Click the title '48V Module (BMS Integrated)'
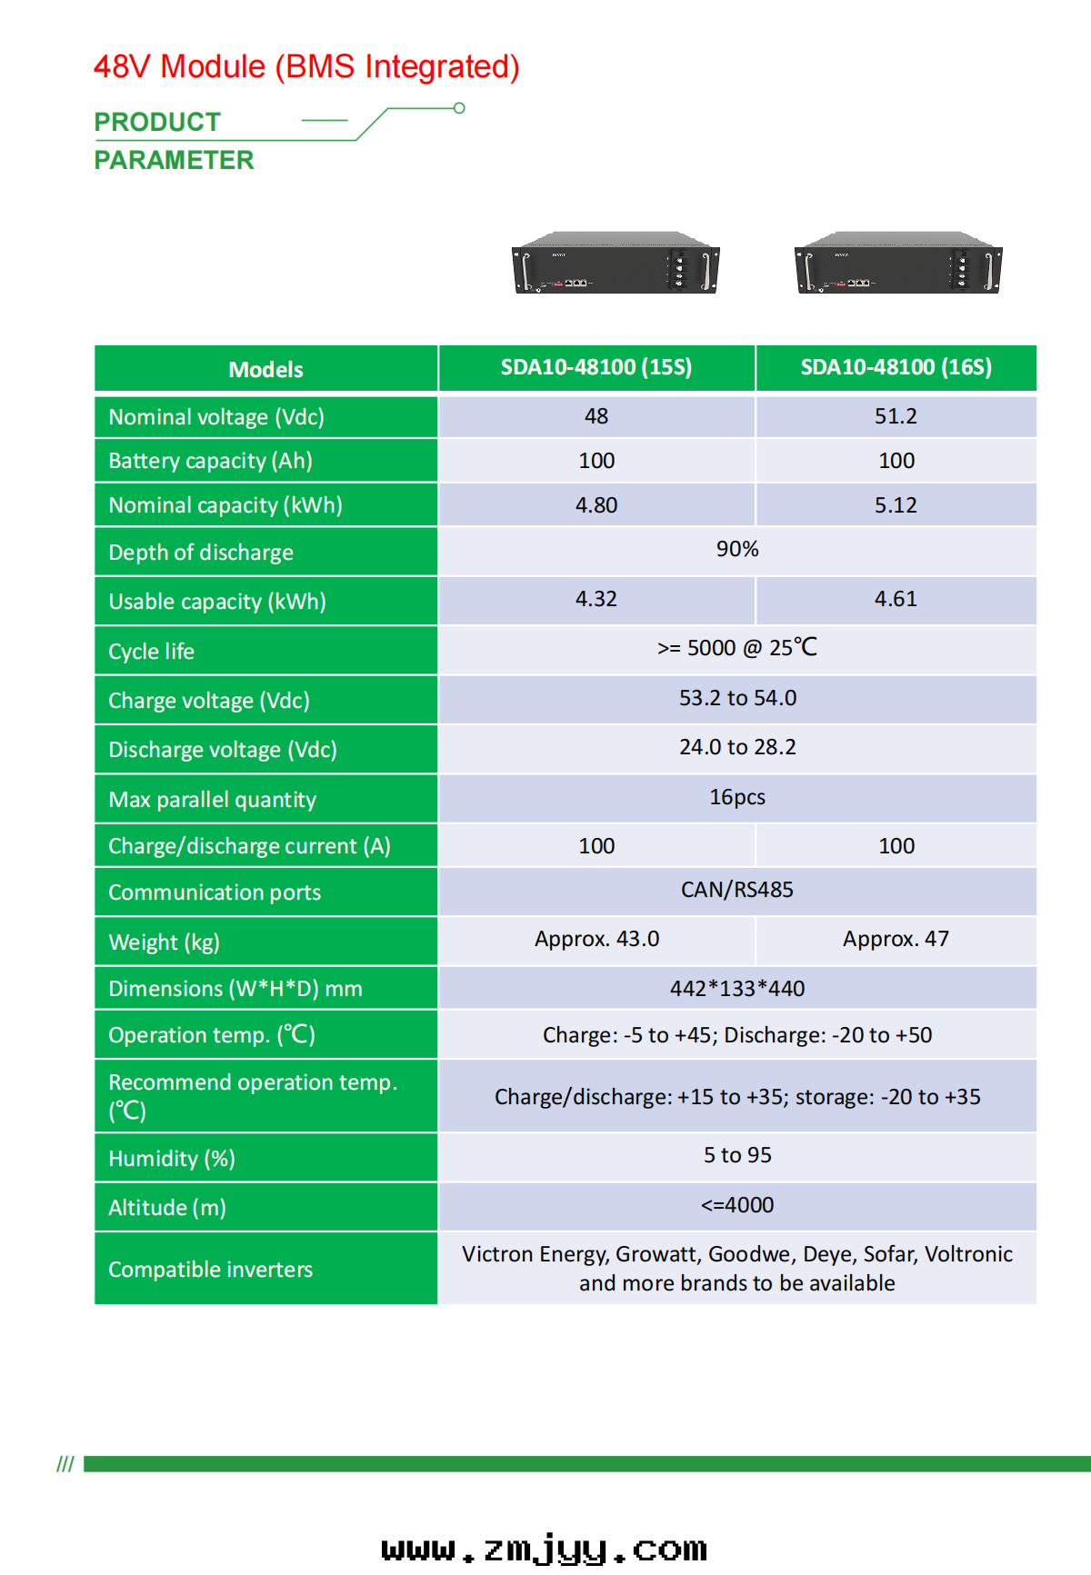(x=306, y=67)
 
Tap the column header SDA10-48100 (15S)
(x=596, y=367)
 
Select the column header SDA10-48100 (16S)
(x=896, y=367)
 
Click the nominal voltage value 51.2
(x=896, y=416)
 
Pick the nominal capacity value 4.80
(x=596, y=505)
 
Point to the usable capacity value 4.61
(x=896, y=599)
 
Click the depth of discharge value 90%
(x=737, y=549)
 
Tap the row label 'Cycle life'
(x=152, y=652)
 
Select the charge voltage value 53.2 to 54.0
(x=737, y=698)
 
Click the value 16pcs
(x=737, y=797)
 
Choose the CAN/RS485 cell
(x=737, y=890)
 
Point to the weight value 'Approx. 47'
(x=896, y=939)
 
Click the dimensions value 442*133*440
(x=737, y=988)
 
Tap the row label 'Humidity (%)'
(x=172, y=1159)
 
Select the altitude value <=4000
(x=737, y=1205)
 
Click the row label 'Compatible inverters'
(x=211, y=1270)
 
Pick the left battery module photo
(x=616, y=264)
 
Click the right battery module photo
(x=898, y=264)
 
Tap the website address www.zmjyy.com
(x=544, y=1549)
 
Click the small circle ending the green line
(x=460, y=108)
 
